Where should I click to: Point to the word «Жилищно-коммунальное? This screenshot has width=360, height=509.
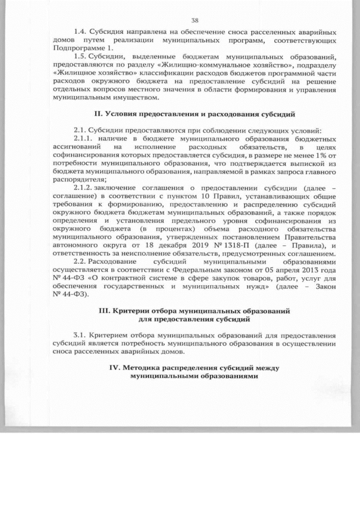(x=169, y=65)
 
